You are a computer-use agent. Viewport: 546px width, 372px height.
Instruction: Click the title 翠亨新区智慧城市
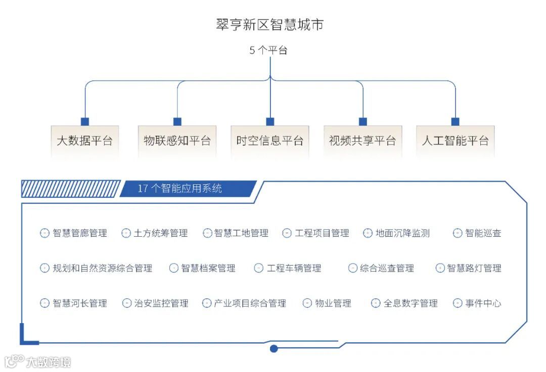tap(269, 25)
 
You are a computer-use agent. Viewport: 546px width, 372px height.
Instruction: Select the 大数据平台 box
tap(85, 140)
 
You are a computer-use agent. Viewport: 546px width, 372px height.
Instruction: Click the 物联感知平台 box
tap(177, 140)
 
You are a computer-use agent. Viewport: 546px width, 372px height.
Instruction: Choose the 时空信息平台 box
tap(270, 140)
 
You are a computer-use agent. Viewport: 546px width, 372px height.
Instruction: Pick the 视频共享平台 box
tap(362, 140)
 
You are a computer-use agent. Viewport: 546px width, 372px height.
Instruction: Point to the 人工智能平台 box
tap(455, 140)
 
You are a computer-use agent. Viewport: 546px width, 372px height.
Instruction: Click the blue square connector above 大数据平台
tap(85, 122)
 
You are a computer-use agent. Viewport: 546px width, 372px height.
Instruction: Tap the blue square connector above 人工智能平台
tap(455, 122)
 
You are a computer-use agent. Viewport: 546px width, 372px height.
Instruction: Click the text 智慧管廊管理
tap(80, 233)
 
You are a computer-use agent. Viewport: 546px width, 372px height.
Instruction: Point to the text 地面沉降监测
tap(402, 233)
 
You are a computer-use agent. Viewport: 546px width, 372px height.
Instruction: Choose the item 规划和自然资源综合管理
tap(102, 269)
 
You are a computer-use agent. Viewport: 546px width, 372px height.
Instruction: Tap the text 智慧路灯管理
tap(474, 269)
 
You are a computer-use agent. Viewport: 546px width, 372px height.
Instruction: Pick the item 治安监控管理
tap(161, 303)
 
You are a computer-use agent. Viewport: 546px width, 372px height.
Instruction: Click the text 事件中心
tap(483, 303)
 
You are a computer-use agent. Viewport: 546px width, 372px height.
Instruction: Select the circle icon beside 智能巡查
tap(458, 233)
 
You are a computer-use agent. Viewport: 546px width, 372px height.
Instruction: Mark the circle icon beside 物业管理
tap(307, 303)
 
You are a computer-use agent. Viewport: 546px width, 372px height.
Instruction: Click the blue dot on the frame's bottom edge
tap(274, 348)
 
